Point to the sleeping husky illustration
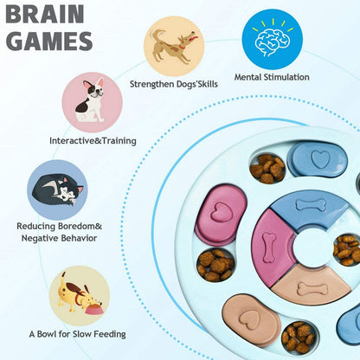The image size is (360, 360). pyautogui.click(x=56, y=187)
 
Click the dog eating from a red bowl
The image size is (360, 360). pyautogui.click(x=80, y=295)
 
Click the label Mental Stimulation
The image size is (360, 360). pyautogui.click(x=272, y=77)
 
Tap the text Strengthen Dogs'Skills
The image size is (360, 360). pyautogui.click(x=173, y=84)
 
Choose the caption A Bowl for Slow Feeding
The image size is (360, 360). pyautogui.click(x=77, y=333)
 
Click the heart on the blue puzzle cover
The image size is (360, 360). pyautogui.click(x=319, y=159)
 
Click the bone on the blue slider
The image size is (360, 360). pyautogui.click(x=309, y=205)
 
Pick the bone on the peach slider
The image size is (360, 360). pyautogui.click(x=312, y=287)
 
